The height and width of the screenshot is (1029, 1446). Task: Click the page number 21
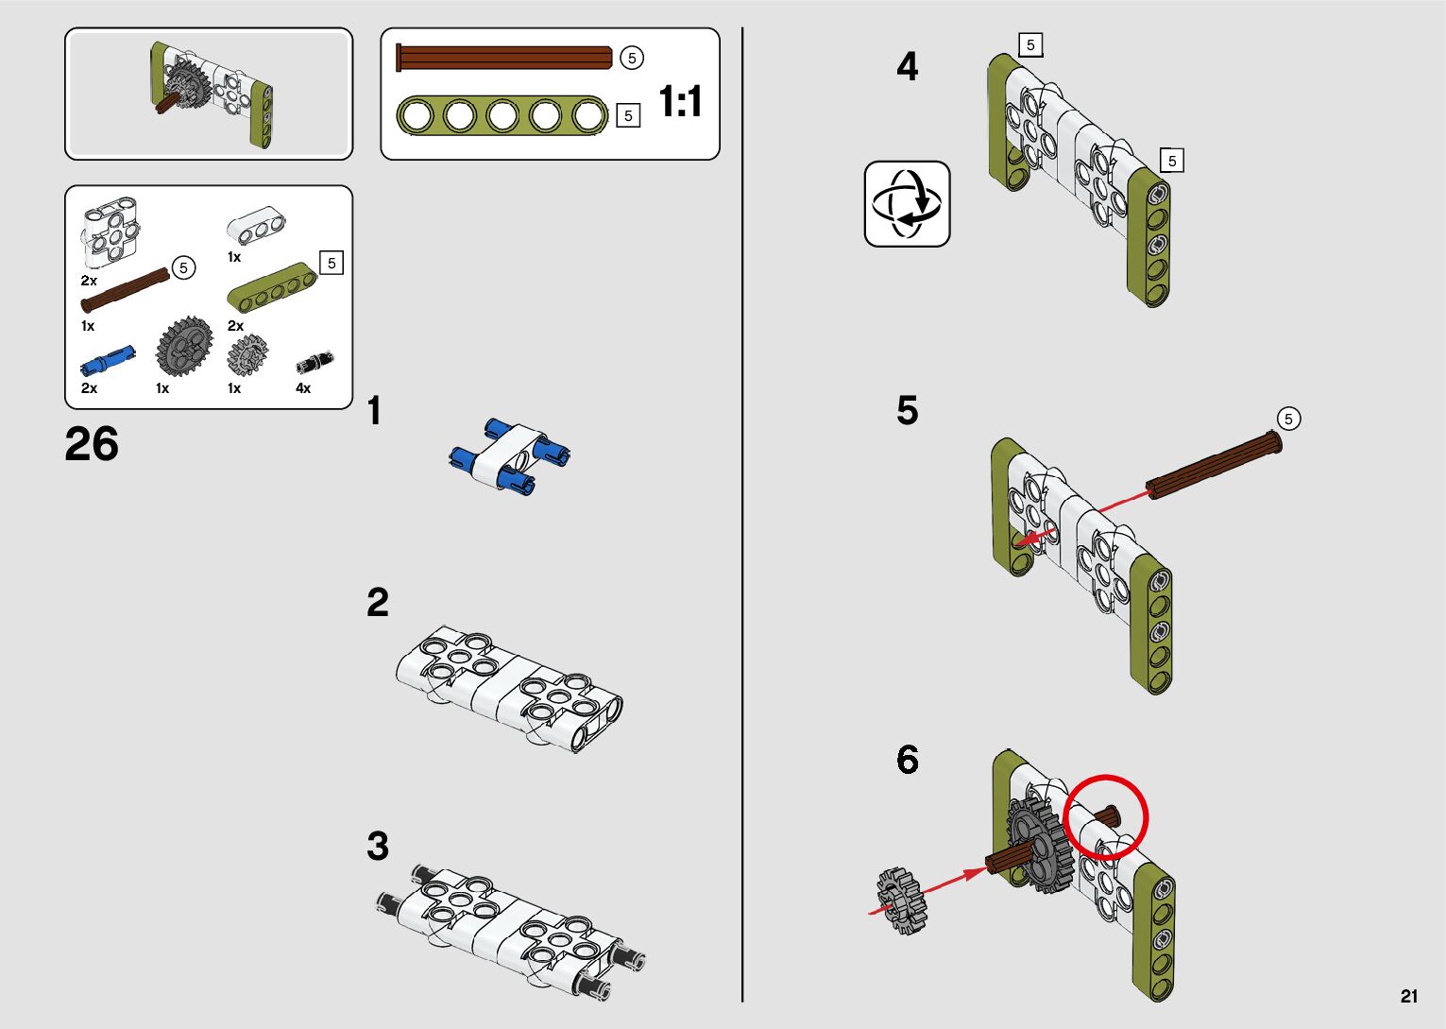coord(1409,996)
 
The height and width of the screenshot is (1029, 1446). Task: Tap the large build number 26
coord(92,444)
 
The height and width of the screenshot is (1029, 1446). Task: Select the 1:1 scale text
coord(680,101)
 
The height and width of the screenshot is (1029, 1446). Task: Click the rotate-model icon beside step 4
coord(907,204)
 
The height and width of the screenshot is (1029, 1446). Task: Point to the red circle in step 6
coord(1105,816)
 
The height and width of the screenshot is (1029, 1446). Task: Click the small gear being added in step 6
coord(902,901)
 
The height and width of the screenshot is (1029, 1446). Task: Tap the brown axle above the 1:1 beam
coord(504,58)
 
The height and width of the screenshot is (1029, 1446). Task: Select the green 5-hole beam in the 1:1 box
coord(502,116)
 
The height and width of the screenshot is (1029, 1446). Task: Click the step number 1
coord(375,411)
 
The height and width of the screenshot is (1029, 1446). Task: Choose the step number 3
coord(378,847)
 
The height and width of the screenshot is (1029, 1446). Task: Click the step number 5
coord(907,411)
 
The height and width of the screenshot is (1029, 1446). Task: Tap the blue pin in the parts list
coord(108,360)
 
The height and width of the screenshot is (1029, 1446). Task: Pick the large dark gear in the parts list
coord(184,347)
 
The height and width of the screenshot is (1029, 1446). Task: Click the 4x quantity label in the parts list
coord(303,388)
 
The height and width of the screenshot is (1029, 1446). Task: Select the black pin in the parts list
coord(315,363)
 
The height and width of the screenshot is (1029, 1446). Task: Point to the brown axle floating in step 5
coord(1214,464)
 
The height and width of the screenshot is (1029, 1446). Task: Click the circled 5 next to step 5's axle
coord(1288,419)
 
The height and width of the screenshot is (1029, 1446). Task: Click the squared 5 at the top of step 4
coord(1030,44)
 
